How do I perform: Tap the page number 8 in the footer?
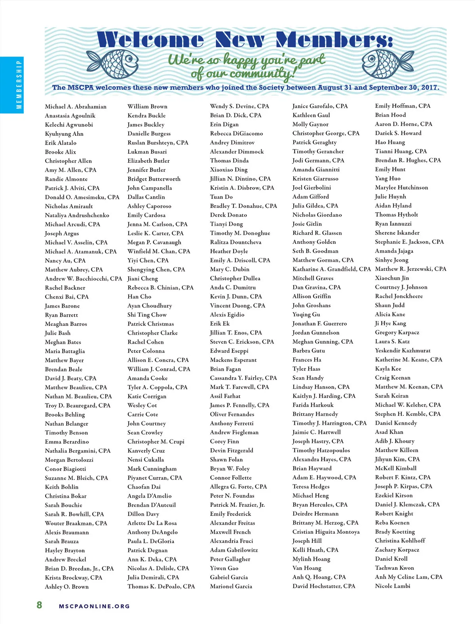click(39, 605)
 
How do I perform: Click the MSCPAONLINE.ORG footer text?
click(94, 606)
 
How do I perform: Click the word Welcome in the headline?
click(150, 40)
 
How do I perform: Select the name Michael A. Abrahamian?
click(76, 107)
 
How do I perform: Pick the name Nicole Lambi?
click(393, 586)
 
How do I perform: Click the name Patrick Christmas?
click(150, 324)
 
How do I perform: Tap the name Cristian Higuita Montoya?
click(326, 532)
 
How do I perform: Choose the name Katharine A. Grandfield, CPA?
click(331, 269)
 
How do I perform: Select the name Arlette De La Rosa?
click(152, 523)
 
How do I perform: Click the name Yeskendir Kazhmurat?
click(403, 350)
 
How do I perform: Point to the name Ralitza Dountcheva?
click(236, 242)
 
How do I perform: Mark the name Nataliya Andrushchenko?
click(77, 215)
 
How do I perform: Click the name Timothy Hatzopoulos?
click(321, 450)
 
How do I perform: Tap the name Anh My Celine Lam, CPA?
click(408, 577)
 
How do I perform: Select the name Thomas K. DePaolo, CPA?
click(161, 586)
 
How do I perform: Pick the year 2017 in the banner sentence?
click(429, 88)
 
